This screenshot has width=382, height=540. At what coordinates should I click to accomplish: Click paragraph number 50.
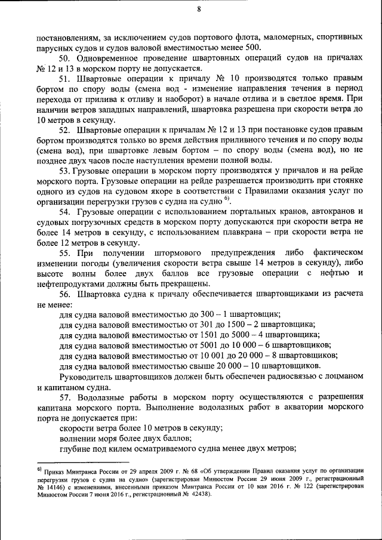(65, 58)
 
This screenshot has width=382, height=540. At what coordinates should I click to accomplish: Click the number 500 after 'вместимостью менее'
(252, 47)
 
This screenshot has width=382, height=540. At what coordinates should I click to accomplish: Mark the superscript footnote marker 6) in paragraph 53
(227, 198)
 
